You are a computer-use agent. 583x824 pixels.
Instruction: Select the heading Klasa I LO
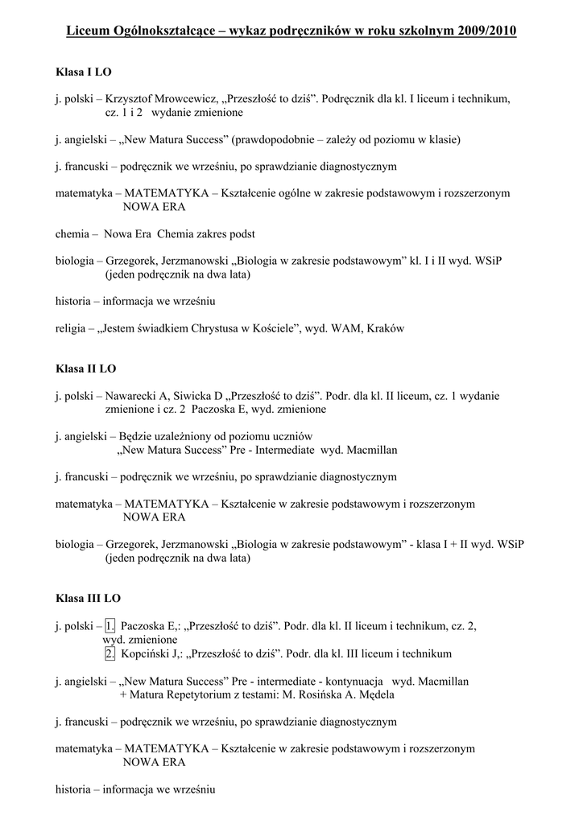84,72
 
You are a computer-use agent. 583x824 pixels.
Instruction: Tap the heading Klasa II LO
86,369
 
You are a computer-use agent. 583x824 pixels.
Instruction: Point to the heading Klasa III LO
89,599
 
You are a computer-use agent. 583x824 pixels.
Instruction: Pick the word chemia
72,234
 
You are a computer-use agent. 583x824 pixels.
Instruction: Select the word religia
72,328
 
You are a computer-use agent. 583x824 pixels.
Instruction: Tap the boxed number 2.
110,653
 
